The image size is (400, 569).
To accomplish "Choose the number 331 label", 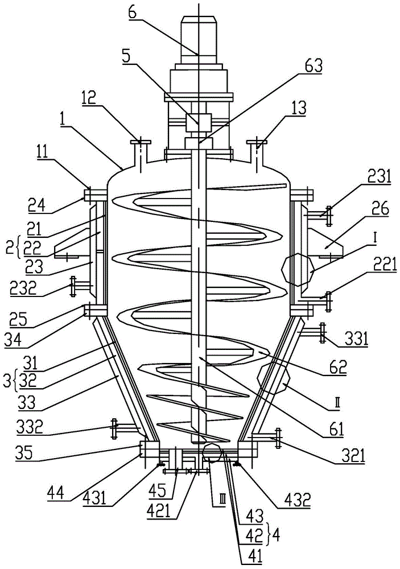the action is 355,339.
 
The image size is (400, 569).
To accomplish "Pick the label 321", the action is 352,456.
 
